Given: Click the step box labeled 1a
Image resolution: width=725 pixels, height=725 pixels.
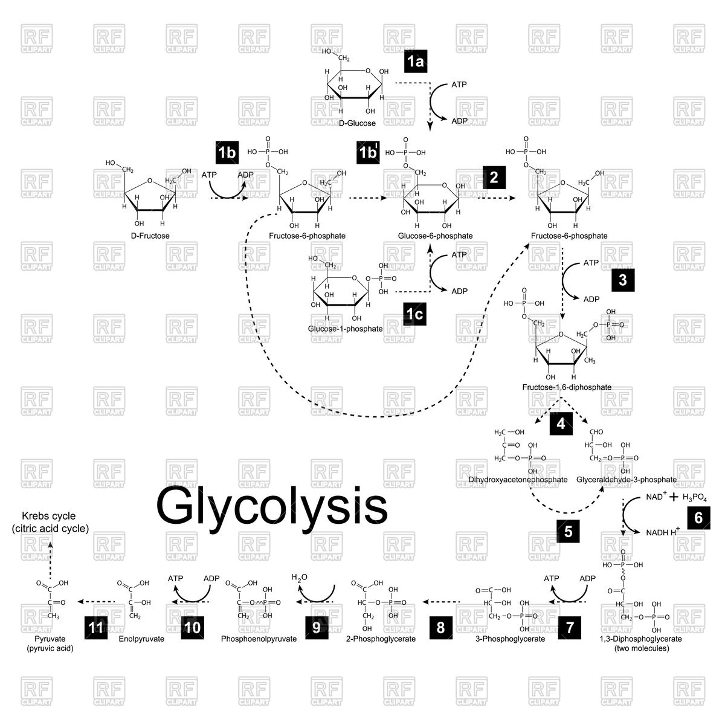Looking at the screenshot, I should point(416,61).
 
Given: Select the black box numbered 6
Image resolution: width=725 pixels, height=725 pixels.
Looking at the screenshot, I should point(698,518).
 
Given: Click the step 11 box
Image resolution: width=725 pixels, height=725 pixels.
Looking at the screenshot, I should point(96,627).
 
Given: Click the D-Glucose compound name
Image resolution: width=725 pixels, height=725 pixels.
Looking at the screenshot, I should point(356,123).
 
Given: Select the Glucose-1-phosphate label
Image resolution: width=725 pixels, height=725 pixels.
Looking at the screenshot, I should point(345,329).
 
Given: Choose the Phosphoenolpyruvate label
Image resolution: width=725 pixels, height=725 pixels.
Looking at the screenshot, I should point(259,639).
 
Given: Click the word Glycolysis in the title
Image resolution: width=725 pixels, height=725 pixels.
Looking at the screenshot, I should point(272,504).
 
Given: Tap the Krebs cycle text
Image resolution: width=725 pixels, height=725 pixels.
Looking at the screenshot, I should point(50,517).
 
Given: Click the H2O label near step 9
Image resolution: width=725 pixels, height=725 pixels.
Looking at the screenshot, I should point(300,578).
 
